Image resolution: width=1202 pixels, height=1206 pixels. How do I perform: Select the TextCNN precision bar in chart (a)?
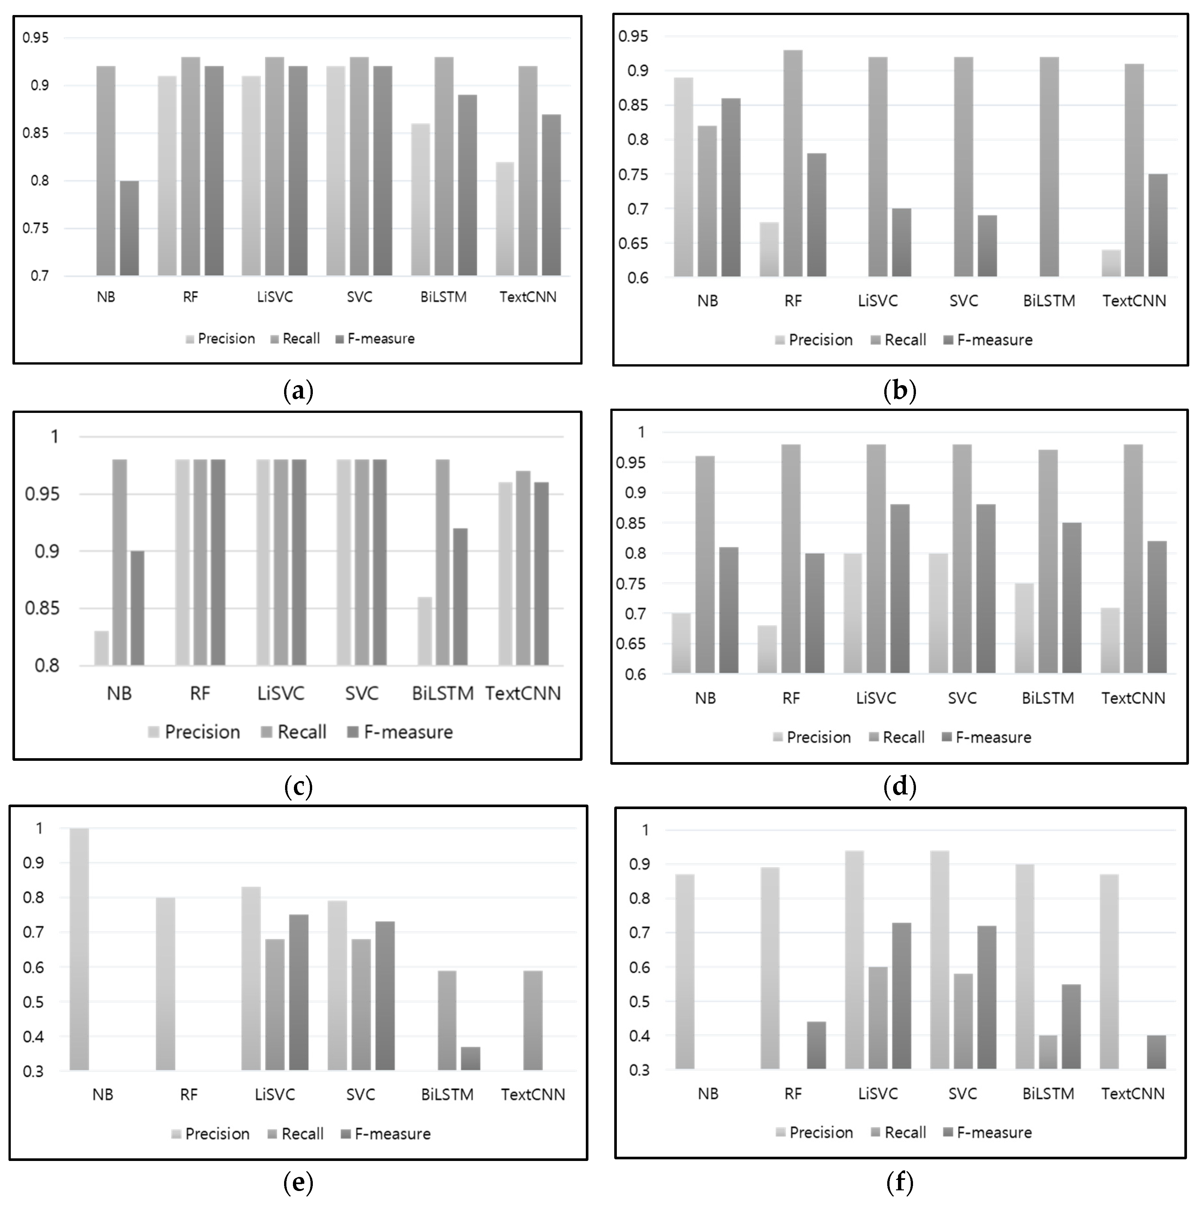505,219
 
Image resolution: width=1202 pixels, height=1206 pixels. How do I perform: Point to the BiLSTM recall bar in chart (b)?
1049,167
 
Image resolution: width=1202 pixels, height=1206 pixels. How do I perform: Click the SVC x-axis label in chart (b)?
964,301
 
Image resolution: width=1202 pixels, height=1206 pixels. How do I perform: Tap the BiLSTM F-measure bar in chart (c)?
460,597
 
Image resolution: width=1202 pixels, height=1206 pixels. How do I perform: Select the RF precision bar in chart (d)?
767,649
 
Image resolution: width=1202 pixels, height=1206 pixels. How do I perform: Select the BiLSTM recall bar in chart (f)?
1049,1053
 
